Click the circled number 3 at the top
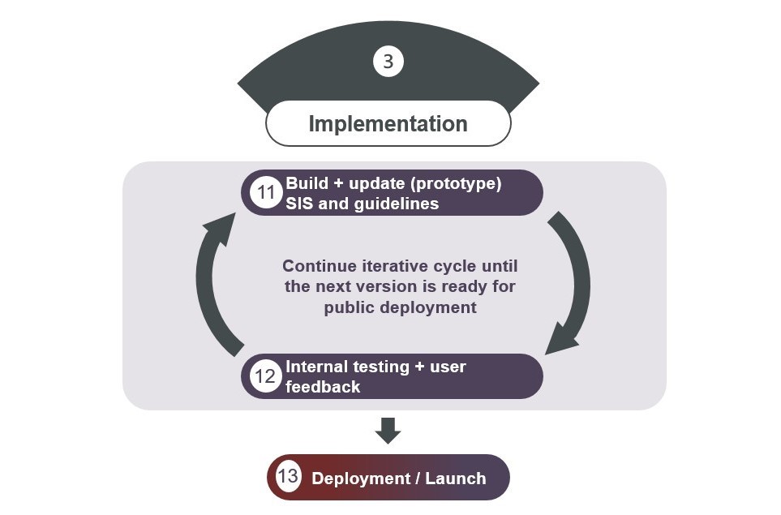click(388, 62)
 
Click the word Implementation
click(388, 124)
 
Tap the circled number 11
click(264, 193)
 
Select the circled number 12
click(264, 376)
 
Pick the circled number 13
click(288, 476)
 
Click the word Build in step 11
click(307, 184)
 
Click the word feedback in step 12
click(323, 387)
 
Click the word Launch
click(457, 479)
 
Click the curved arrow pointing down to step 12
click(569, 284)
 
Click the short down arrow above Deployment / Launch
click(388, 430)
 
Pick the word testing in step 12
click(378, 367)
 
